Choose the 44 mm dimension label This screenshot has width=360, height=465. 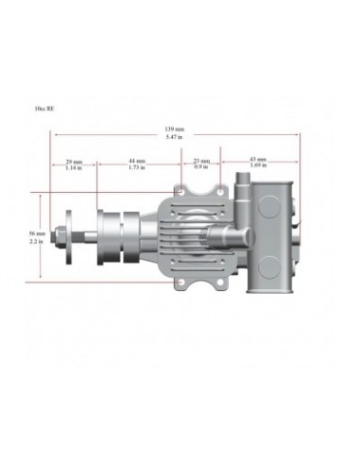point(137,161)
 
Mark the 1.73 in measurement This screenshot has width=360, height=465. point(137,167)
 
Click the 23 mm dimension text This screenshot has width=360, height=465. point(201,161)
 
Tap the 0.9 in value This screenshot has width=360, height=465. point(201,167)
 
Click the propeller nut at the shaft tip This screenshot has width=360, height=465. point(59,236)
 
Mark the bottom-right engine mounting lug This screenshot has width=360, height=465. point(226,282)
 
